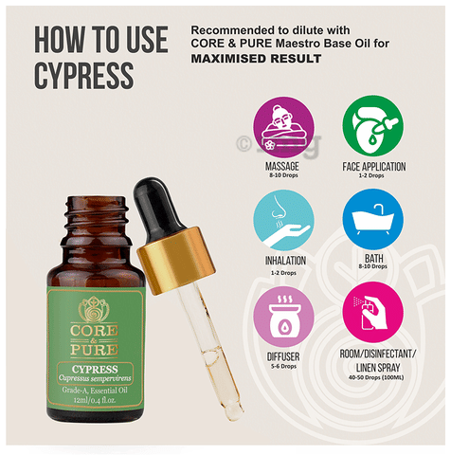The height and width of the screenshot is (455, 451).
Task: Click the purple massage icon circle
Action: tap(284, 127)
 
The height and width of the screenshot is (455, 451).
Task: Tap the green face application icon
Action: tap(373, 126)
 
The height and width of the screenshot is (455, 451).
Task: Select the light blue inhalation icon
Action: tap(283, 220)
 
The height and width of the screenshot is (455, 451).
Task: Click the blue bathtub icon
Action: tap(373, 219)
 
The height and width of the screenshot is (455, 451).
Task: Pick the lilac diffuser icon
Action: tap(283, 317)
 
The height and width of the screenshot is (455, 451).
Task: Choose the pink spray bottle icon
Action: tap(373, 312)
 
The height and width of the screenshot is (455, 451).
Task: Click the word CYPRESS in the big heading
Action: tap(84, 75)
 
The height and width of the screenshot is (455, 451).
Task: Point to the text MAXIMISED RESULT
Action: tap(256, 59)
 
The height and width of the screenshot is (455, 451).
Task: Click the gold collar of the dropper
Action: tap(176, 261)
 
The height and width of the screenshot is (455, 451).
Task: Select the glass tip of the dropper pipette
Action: tap(234, 410)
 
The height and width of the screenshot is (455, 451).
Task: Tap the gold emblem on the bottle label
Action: tap(94, 309)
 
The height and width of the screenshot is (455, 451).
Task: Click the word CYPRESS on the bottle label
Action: tap(95, 370)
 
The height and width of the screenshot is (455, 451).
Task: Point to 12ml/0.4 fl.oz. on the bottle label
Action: tap(95, 400)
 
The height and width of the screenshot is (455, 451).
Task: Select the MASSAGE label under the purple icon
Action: tap(282, 166)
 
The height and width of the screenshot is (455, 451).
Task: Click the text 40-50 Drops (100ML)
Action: tap(376, 377)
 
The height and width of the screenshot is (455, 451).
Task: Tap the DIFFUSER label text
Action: tap(283, 356)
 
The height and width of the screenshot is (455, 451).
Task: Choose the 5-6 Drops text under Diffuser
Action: tap(283, 366)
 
